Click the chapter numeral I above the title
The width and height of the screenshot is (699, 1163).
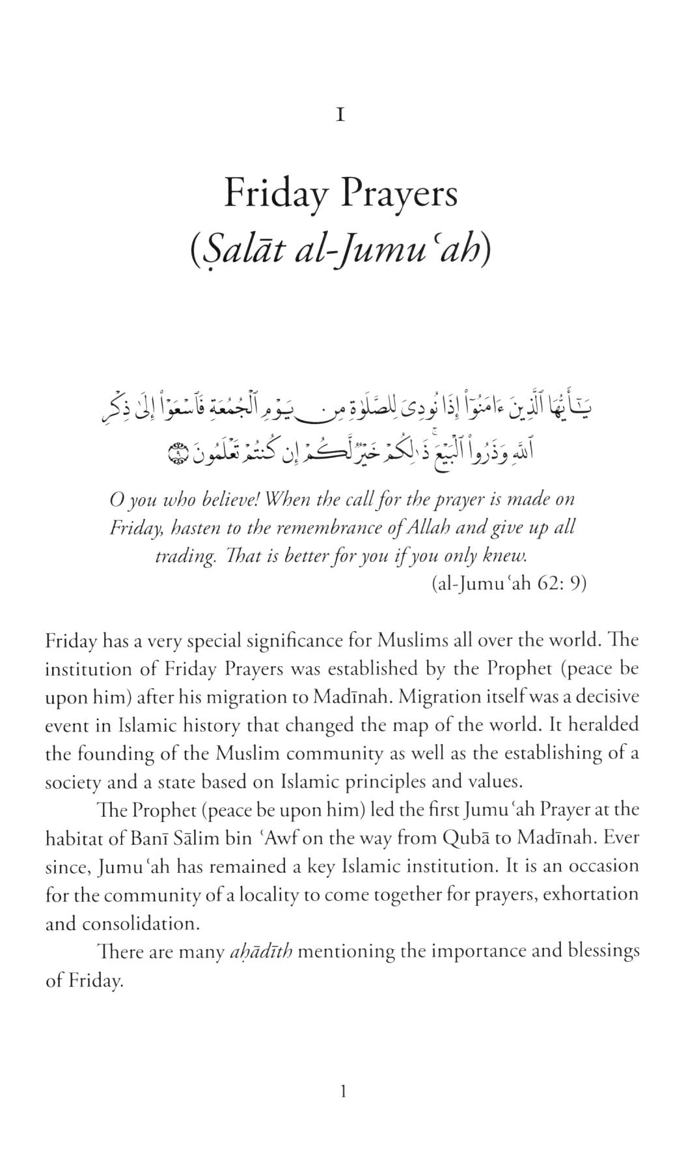pos(340,116)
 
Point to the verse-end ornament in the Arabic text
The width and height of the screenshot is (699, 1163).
pos(177,451)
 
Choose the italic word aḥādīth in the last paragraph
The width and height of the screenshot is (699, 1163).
pos(260,952)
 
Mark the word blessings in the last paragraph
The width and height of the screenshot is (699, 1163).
pos(604,951)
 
